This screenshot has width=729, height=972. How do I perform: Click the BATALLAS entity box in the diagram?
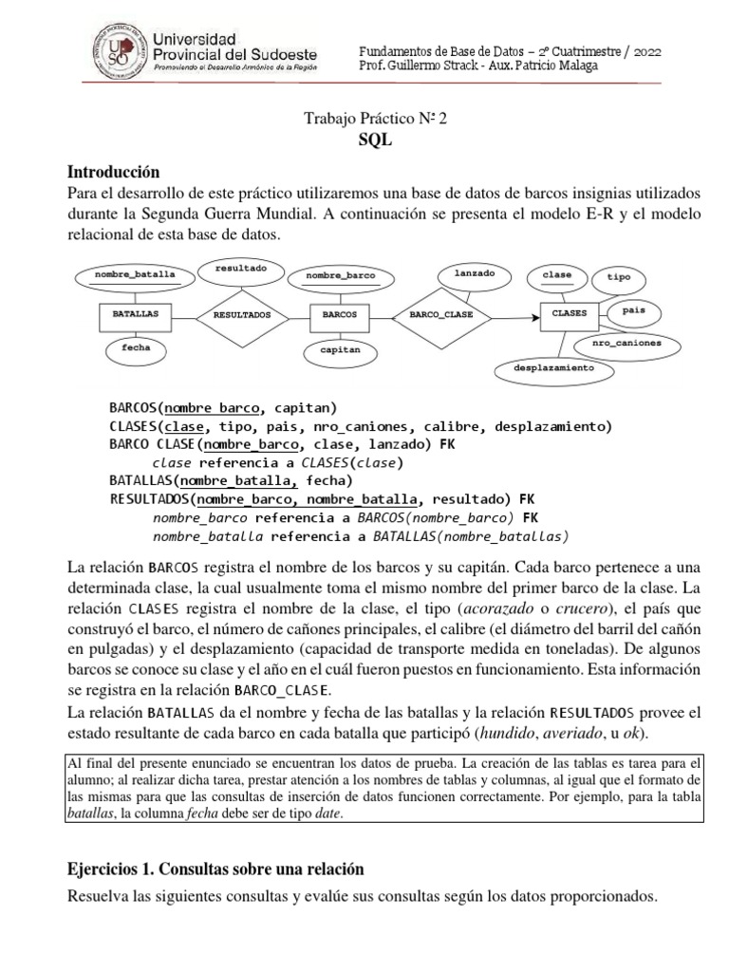tap(133, 312)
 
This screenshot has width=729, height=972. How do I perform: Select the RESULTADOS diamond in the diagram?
tap(241, 313)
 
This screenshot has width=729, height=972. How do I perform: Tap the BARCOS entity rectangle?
tap(339, 312)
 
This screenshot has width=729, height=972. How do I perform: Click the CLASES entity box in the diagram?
tap(569, 312)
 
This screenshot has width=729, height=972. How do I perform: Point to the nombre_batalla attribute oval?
tap(136, 275)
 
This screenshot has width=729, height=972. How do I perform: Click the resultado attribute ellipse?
tap(241, 270)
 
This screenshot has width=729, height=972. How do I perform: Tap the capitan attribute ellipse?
tap(340, 350)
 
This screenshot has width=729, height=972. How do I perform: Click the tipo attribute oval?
tap(618, 277)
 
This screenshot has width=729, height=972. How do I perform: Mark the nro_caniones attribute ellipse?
tap(626, 342)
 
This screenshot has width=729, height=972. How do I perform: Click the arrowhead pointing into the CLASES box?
tap(533, 312)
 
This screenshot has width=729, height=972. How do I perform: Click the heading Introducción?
tap(114, 172)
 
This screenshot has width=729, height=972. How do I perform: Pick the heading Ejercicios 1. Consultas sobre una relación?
tap(216, 869)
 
